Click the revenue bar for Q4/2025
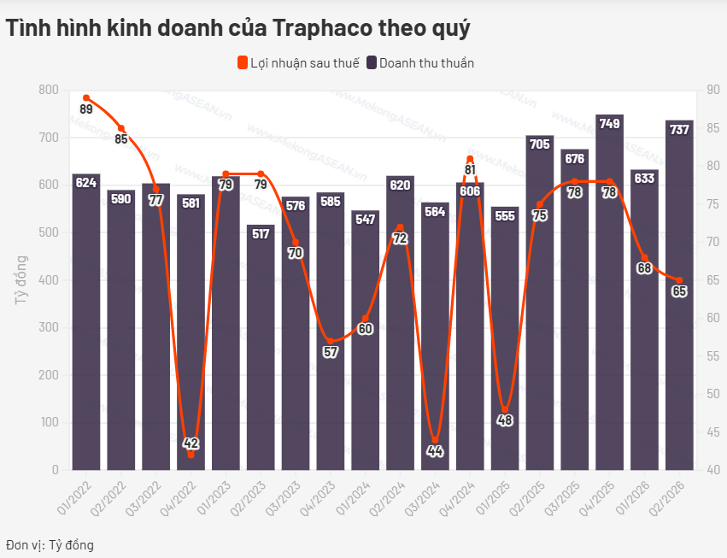point(609,292)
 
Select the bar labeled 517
point(261,348)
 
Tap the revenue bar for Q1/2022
point(86,322)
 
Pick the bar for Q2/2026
point(679,295)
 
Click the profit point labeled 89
point(86,98)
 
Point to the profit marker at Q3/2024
point(435,440)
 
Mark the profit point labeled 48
point(505,409)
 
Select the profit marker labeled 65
point(679,280)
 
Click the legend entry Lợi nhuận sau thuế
point(298,63)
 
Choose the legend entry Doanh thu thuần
point(420,63)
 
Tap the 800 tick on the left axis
point(49,90)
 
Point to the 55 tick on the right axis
point(712,356)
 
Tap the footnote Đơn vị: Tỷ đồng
point(50,544)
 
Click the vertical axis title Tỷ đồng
point(21,279)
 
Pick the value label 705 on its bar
point(540,144)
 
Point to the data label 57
point(331,352)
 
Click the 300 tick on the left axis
point(49,327)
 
